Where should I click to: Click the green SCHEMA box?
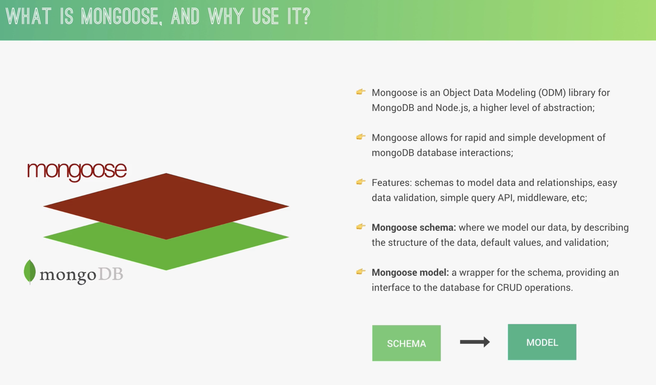pos(406,343)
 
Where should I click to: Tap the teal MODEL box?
pos(542,342)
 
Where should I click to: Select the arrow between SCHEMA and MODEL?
pos(475,342)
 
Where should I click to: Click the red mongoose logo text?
pos(77,171)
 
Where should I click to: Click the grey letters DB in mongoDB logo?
pos(110,274)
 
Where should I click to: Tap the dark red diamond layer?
pos(166,206)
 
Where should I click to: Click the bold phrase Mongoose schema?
pos(414,227)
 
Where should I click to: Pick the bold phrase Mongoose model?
pos(410,272)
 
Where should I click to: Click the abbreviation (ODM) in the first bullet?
pos(552,93)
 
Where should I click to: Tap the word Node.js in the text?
pos(452,108)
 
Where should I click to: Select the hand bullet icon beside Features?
pos(361,182)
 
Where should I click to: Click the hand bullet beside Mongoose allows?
pos(361,137)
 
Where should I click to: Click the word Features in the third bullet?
pos(392,183)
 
